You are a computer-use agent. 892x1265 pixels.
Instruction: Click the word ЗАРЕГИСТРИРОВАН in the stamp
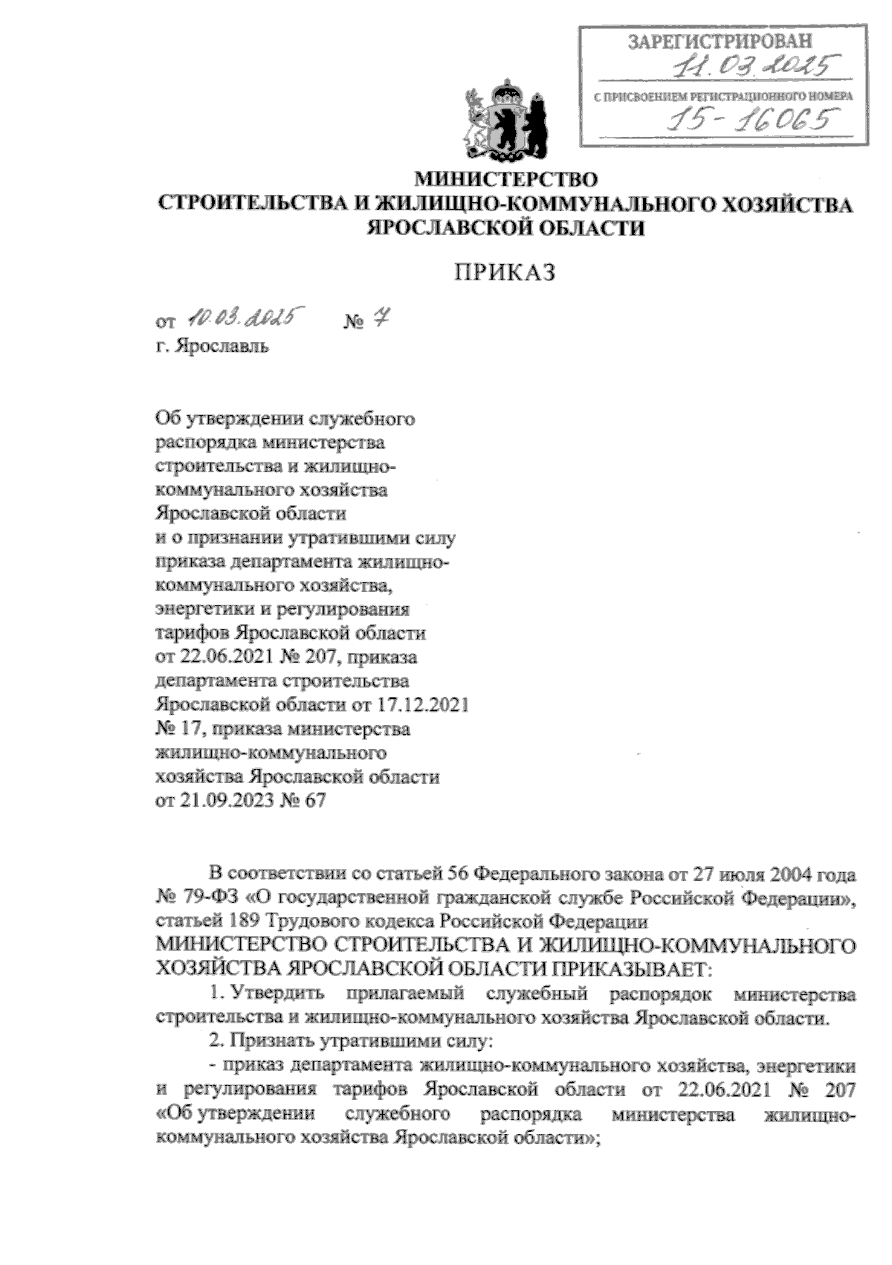click(x=718, y=42)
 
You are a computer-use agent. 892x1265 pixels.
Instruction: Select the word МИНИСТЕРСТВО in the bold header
click(x=506, y=179)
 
